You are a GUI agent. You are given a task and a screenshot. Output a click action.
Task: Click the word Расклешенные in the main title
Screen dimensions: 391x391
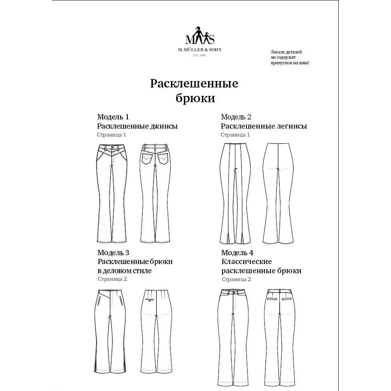pyautogui.click(x=194, y=84)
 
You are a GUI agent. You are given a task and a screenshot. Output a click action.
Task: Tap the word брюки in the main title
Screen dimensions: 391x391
pyautogui.click(x=195, y=98)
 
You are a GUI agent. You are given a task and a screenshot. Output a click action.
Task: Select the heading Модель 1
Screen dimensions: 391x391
pyautogui.click(x=113, y=117)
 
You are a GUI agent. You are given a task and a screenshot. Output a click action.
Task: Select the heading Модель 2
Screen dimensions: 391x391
pyautogui.click(x=236, y=117)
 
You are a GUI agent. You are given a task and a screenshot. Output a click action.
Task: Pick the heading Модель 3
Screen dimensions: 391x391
pyautogui.click(x=113, y=253)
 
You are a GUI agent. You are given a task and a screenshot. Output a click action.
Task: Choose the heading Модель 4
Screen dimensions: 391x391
pyautogui.click(x=237, y=253)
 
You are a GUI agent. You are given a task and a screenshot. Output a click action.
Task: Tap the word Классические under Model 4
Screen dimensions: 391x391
pyautogui.click(x=246, y=262)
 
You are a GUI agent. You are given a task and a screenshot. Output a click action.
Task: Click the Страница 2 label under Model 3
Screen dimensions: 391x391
pyautogui.click(x=112, y=279)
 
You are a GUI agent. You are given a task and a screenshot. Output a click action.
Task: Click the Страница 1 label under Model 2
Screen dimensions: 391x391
pyautogui.click(x=235, y=135)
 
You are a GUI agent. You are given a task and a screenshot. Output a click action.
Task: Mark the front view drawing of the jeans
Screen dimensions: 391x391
pyautogui.click(x=113, y=194)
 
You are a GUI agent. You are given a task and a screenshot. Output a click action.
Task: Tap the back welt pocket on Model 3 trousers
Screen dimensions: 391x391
pyautogui.click(x=150, y=300)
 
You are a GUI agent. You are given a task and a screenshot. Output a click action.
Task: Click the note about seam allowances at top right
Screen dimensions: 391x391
pyautogui.click(x=290, y=58)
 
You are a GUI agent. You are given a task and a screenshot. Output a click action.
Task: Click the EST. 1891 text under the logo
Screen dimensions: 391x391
pyautogui.click(x=199, y=55)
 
